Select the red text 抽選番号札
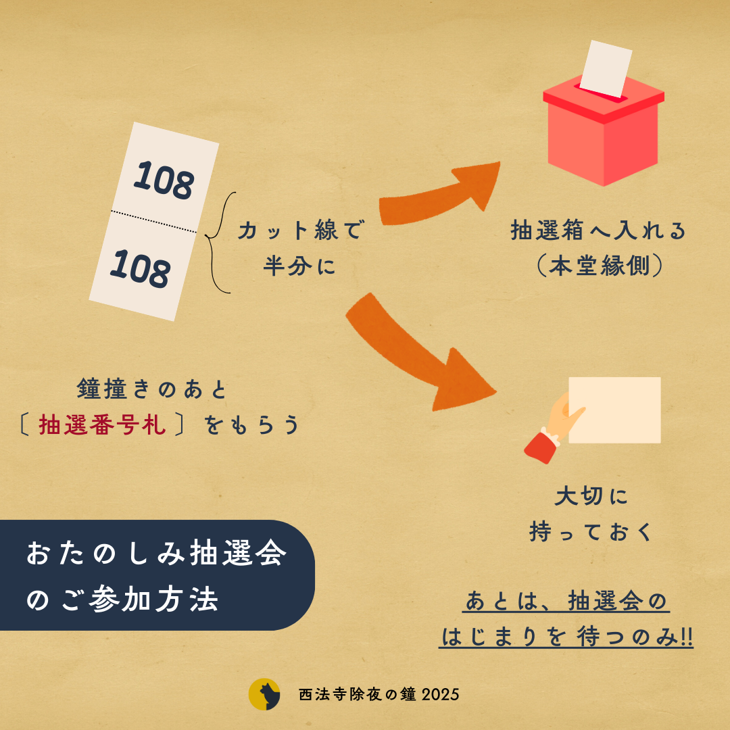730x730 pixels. click(x=102, y=426)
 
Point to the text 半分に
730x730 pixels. click(x=299, y=266)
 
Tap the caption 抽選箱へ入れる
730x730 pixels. click(x=598, y=231)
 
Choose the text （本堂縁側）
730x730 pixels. click(x=598, y=266)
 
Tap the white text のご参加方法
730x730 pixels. click(x=122, y=600)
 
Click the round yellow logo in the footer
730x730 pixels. click(x=264, y=694)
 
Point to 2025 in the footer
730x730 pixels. click(x=440, y=694)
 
